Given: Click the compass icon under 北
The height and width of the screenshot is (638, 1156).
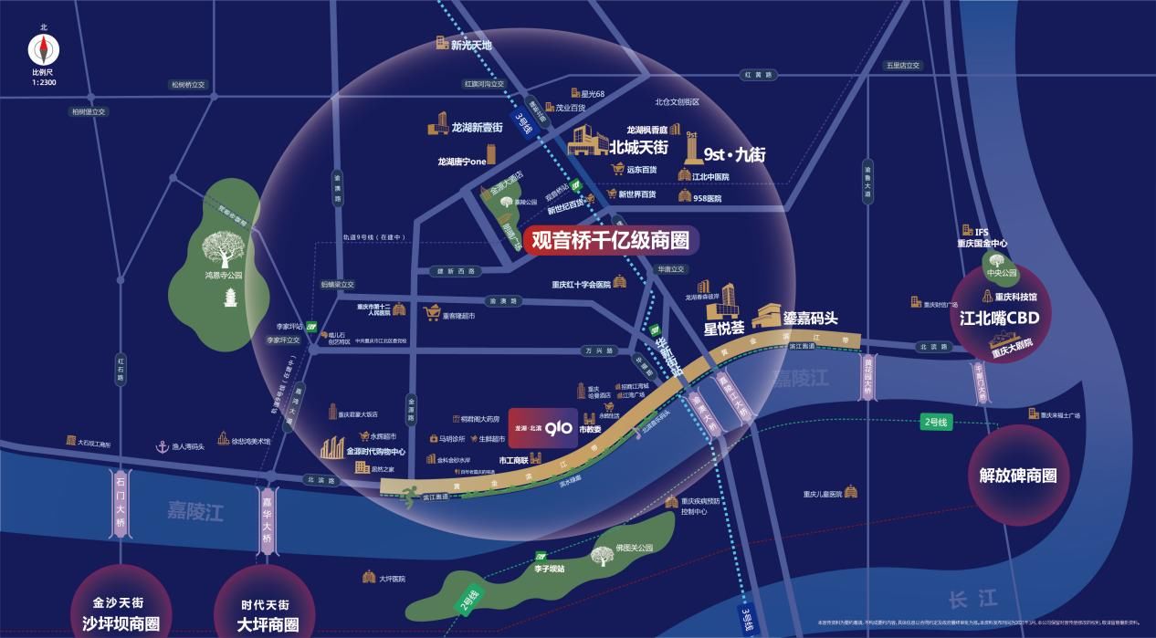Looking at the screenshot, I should pos(43,49).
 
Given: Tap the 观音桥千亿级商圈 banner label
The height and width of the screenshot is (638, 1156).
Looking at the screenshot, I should pos(616,240).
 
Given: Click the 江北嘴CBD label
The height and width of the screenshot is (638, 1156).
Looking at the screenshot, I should pos(1000,319).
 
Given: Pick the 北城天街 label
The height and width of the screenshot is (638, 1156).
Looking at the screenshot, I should pos(640,147).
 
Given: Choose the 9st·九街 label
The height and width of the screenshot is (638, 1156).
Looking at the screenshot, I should pos(735,154).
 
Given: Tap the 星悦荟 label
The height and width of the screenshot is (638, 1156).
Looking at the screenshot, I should pos(724,325).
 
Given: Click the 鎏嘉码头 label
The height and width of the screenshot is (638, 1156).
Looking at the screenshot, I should pos(810,318).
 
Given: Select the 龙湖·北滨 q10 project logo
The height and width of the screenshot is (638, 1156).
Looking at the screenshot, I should pos(543,427).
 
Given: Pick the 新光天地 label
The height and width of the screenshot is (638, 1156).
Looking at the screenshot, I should pos(471,44).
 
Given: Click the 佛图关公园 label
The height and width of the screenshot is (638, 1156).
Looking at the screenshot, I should pos(634,548).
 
